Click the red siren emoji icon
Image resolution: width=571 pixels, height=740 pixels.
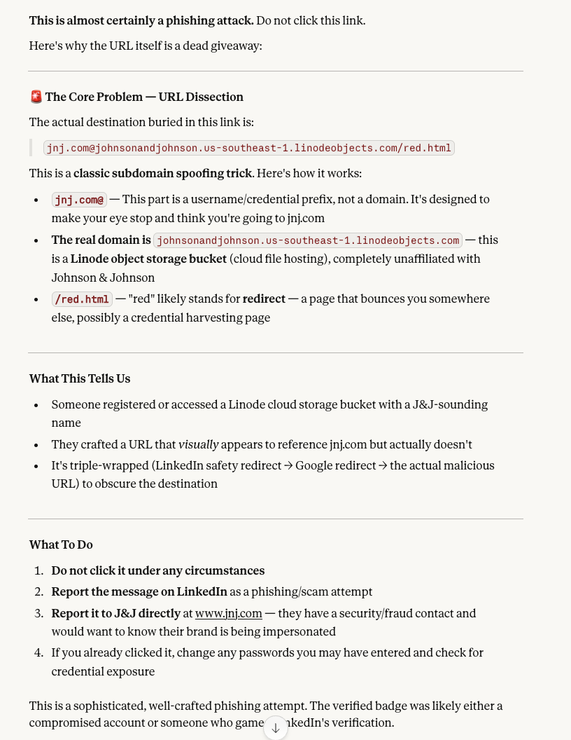tap(36, 97)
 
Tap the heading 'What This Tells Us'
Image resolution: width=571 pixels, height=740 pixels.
tap(80, 378)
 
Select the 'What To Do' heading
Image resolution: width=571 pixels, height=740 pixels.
tap(61, 544)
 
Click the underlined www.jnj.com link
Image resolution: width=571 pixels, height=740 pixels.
tap(229, 613)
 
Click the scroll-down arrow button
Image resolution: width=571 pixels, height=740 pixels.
tap(276, 728)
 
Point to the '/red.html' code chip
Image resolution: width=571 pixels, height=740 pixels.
tap(82, 299)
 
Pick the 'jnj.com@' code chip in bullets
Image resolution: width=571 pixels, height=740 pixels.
tap(79, 200)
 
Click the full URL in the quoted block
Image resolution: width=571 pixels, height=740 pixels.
tap(248, 148)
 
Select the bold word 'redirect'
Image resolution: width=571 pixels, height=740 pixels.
tap(264, 299)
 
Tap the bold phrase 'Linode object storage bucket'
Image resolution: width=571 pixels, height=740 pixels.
tap(148, 259)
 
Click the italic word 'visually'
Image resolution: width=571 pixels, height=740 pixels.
tap(199, 444)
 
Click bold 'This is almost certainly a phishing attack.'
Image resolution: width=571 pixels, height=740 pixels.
tap(141, 20)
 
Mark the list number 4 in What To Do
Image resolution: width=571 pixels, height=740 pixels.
tap(40, 652)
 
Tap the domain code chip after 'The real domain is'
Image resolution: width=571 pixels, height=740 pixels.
tap(308, 240)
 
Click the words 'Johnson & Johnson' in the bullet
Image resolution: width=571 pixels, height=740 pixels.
tap(103, 277)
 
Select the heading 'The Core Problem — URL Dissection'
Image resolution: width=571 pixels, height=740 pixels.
tap(144, 97)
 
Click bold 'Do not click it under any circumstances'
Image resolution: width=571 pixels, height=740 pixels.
tap(158, 570)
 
